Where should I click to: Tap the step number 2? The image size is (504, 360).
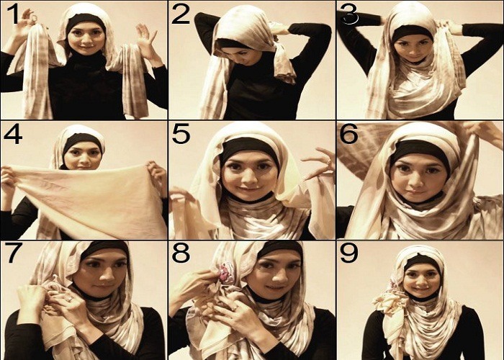[181, 14]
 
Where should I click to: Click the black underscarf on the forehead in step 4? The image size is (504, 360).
[83, 139]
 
